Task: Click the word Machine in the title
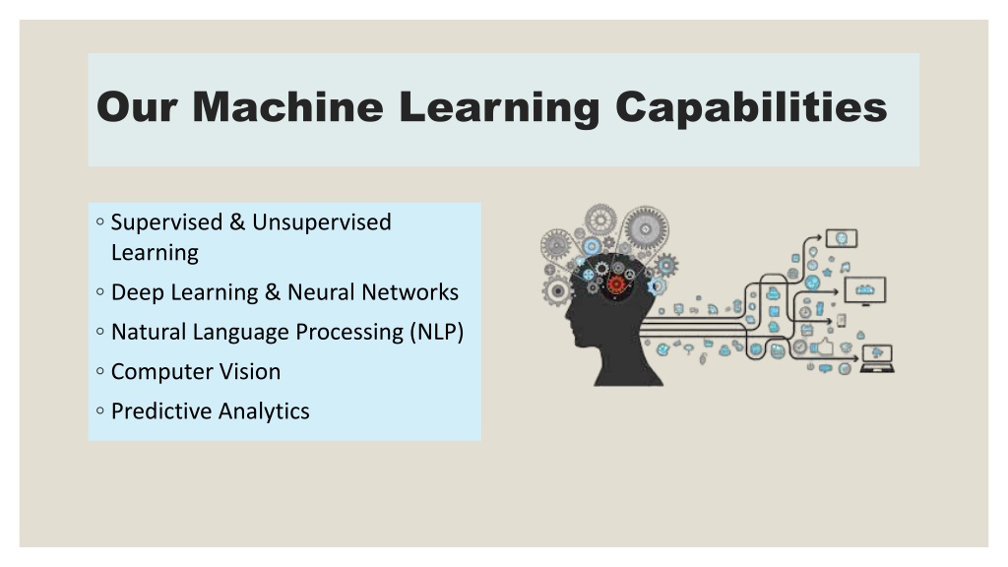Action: [x=287, y=106]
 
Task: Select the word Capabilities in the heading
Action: [x=751, y=107]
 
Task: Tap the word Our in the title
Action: [x=137, y=106]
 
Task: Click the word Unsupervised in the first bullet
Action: [x=322, y=221]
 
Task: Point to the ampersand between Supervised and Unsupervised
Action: [x=237, y=221]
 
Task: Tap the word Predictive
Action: [x=159, y=411]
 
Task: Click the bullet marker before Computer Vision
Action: [x=99, y=371]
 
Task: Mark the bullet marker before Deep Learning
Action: [x=99, y=291]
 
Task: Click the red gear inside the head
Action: [x=616, y=284]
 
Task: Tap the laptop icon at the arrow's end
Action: [x=877, y=358]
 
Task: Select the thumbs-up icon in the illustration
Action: [x=824, y=346]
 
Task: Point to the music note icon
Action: [x=845, y=267]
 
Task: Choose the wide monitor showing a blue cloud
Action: [x=864, y=290]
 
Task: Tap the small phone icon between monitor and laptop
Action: [x=842, y=320]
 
